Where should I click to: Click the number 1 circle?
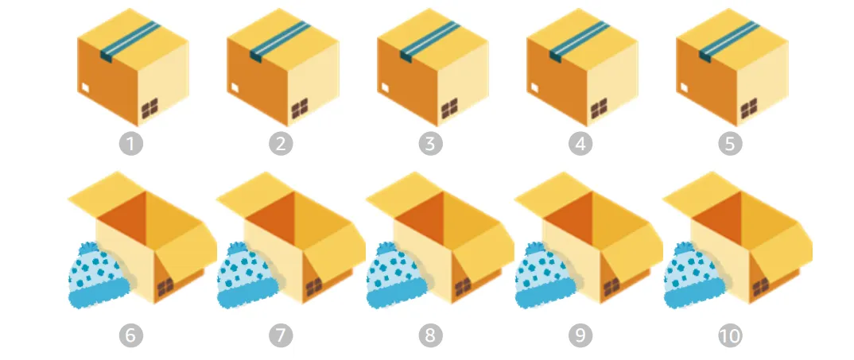point(130,144)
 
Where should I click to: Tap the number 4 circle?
point(580,144)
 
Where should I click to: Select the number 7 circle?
point(281,335)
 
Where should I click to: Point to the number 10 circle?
point(730,335)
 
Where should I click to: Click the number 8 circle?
point(430,335)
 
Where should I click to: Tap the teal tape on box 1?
point(130,41)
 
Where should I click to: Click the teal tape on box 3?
point(430,41)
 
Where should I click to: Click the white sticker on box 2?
point(235,87)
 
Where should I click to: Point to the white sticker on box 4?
point(534,87)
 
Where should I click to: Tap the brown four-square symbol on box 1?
point(149,108)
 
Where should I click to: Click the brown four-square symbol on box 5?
point(749,108)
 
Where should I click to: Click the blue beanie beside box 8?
point(398,276)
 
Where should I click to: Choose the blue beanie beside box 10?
point(696,276)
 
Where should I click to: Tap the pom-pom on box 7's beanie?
point(238,249)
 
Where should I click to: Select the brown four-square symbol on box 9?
point(611,287)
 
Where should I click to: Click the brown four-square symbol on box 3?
point(449,108)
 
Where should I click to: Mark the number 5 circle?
point(730,144)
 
